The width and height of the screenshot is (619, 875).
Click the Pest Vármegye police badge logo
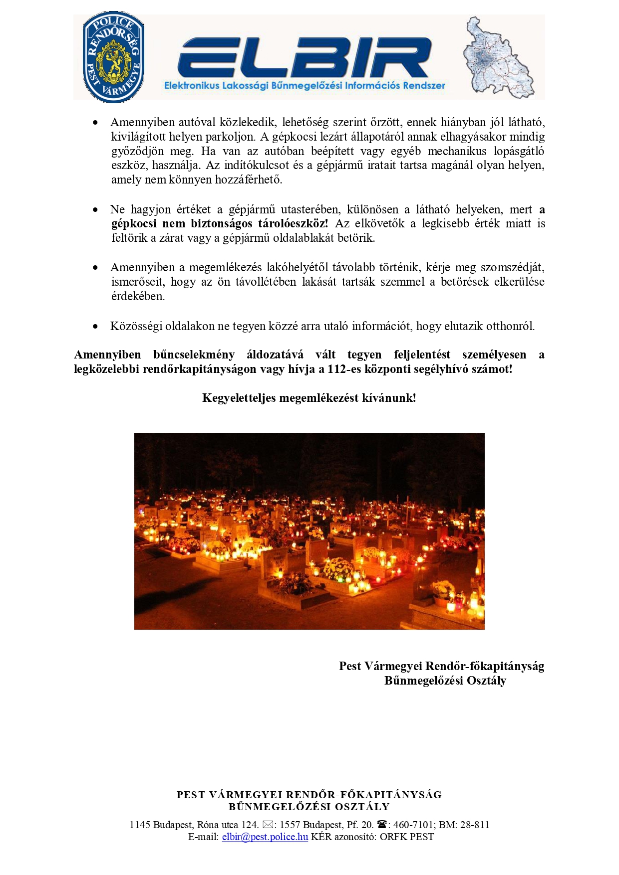[113, 57]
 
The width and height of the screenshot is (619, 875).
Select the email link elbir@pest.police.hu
[265, 837]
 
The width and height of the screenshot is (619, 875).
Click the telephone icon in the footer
[382, 825]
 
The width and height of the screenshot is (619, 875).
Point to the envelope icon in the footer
[268, 825]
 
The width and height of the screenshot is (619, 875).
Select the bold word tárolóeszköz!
[293, 223]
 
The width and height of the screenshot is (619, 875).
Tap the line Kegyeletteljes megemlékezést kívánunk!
[309, 398]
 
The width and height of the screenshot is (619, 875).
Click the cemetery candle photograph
[309, 531]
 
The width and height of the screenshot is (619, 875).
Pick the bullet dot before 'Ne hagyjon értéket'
[95, 210]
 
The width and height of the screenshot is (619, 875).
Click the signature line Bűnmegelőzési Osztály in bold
[445, 681]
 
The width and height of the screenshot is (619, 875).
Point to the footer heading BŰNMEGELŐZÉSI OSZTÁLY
[309, 807]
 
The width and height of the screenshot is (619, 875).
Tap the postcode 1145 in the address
[140, 825]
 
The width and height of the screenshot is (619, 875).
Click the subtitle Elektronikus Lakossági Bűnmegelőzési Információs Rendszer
[305, 86]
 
